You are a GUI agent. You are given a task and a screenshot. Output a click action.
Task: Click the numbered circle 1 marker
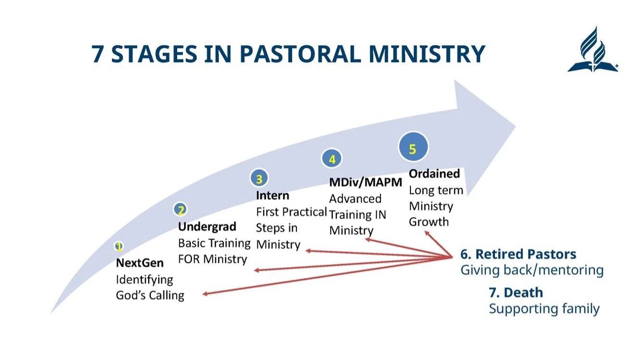coord(119,247)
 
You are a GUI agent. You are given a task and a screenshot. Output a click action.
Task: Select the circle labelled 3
coord(259,179)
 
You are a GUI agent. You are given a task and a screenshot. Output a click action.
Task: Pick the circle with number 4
coord(332,159)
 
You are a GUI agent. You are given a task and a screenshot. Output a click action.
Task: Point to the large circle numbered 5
coord(412,149)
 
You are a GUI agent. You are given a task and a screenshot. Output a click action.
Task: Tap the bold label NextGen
coord(140,263)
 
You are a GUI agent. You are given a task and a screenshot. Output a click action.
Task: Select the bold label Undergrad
coord(207,226)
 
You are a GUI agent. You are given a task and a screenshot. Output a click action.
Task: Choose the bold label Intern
coord(272,195)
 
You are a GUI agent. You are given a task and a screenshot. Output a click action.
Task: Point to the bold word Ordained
coord(434,173)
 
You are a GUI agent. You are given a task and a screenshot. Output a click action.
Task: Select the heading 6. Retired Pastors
coord(518,254)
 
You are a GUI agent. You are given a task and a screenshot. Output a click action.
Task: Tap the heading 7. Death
coord(516,293)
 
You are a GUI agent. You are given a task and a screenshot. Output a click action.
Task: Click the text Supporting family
coord(544,309)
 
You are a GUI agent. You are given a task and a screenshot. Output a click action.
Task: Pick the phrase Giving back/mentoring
coord(532,270)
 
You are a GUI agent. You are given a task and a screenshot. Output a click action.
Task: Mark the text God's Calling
coord(150,295)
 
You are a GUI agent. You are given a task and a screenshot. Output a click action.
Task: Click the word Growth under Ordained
coord(429,222)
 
